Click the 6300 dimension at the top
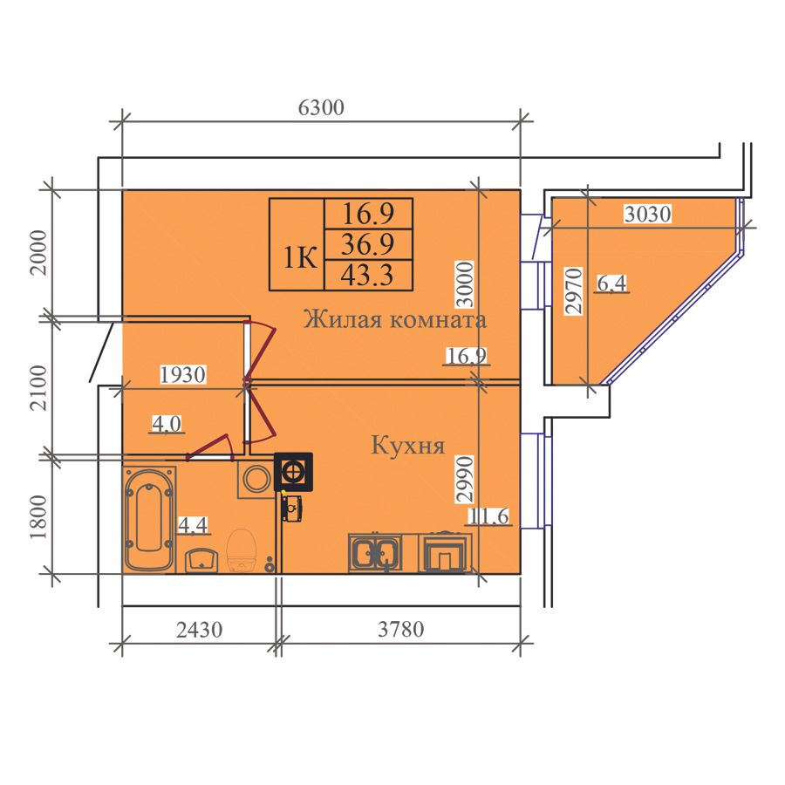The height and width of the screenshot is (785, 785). (x=321, y=107)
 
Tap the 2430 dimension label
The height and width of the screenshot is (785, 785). (x=199, y=629)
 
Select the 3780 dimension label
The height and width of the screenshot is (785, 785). (x=400, y=629)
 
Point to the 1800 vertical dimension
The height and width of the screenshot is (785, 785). (x=38, y=517)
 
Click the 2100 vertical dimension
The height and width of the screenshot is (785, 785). (x=38, y=387)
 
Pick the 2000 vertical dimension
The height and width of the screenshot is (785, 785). (x=38, y=253)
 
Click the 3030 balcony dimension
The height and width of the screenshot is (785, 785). (x=647, y=214)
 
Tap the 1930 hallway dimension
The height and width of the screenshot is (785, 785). (x=183, y=374)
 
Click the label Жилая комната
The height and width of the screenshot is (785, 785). (x=394, y=319)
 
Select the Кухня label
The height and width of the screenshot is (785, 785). (x=408, y=445)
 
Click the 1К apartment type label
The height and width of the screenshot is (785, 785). (x=300, y=259)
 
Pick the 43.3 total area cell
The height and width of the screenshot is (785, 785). (x=367, y=275)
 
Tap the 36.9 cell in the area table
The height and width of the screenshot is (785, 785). (x=367, y=244)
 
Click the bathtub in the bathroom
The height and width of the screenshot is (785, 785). (x=149, y=519)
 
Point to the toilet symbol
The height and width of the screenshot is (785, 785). (x=242, y=549)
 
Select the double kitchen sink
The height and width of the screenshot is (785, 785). (x=375, y=553)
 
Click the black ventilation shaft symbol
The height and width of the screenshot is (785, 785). (x=293, y=472)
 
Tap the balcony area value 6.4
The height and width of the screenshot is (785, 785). (x=611, y=283)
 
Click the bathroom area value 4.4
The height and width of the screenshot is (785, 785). (x=193, y=525)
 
